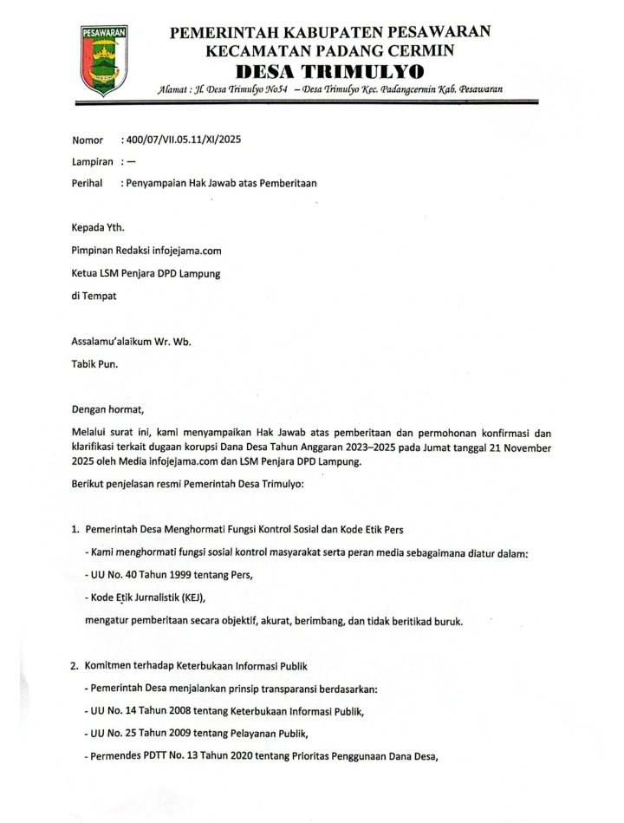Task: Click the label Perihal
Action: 89,184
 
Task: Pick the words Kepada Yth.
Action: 99,229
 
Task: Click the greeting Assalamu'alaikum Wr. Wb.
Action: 132,342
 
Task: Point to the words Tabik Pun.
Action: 95,364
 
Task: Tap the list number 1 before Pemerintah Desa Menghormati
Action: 75,529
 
